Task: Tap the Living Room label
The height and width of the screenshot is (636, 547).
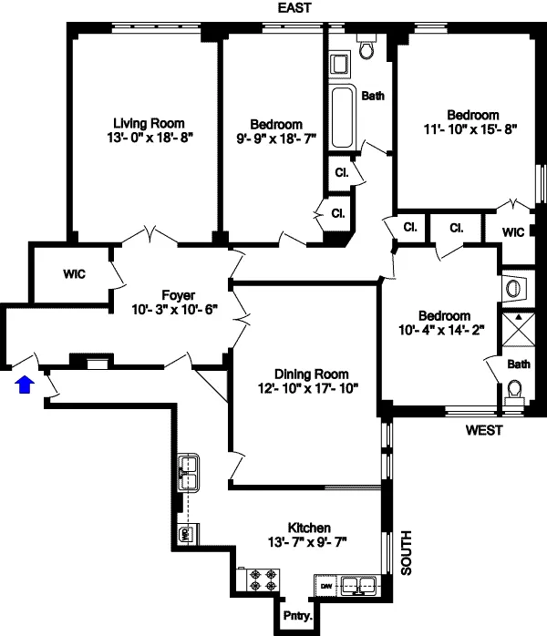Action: (x=149, y=123)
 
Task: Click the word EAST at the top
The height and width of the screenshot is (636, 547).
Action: (x=296, y=8)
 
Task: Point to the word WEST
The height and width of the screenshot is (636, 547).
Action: (x=483, y=430)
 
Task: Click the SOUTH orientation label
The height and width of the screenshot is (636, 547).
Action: (x=408, y=552)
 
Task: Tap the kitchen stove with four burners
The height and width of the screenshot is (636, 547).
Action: (x=263, y=580)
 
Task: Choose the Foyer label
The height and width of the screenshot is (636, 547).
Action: (x=178, y=294)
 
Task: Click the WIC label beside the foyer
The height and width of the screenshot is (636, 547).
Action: (x=74, y=273)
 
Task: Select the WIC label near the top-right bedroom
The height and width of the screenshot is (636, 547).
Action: (x=513, y=232)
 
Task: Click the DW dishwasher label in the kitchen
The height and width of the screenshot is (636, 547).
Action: (x=325, y=585)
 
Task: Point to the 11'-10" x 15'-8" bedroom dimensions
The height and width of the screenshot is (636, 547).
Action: (x=472, y=129)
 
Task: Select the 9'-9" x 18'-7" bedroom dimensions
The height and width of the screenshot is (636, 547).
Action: (x=276, y=140)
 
